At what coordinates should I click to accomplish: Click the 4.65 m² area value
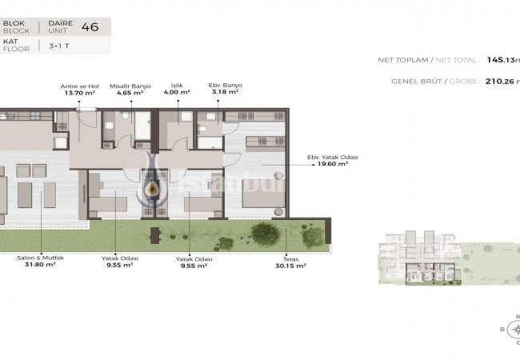click(x=130, y=93)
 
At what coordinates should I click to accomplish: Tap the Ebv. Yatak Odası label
click(x=333, y=157)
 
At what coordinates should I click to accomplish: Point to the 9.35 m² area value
click(x=118, y=266)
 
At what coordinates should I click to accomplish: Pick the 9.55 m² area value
click(x=192, y=266)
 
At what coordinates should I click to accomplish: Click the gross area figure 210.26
click(x=497, y=80)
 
